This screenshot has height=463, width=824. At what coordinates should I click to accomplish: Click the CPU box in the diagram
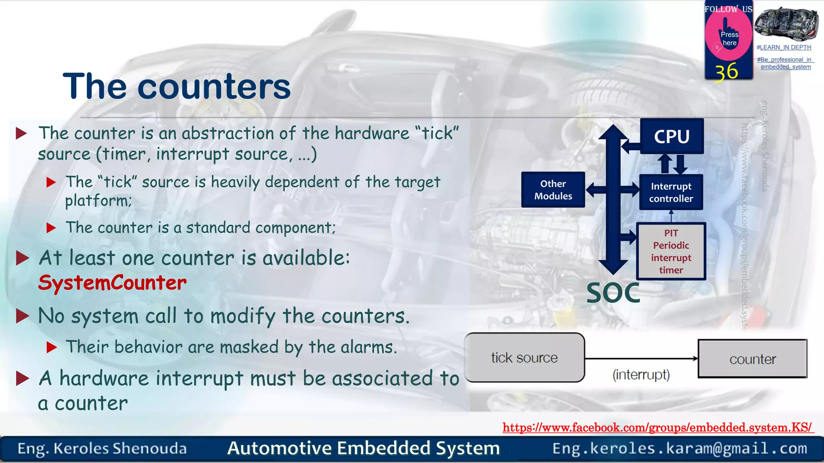point(672,136)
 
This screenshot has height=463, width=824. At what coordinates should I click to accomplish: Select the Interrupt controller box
point(671,192)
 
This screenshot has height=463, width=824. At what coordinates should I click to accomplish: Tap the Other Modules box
point(553,190)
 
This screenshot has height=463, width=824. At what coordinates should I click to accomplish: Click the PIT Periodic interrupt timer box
point(671,251)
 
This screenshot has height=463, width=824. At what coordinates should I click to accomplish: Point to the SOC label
point(613,293)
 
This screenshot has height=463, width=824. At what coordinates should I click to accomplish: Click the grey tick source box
point(524,357)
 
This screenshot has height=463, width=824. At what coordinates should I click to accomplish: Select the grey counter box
point(752,359)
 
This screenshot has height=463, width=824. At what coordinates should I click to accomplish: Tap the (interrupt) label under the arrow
point(641,375)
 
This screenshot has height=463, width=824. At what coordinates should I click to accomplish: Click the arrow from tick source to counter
point(641,359)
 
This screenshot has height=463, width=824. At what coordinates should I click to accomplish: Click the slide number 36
point(727,72)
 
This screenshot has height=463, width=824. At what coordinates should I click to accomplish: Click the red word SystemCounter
point(112,283)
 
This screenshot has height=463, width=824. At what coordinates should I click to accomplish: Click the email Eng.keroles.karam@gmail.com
point(679,448)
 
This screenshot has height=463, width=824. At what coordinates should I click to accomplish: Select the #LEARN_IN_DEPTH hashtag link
point(784,47)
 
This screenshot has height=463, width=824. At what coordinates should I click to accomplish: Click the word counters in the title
point(214,87)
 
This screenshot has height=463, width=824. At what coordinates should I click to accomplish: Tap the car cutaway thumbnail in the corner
point(786,24)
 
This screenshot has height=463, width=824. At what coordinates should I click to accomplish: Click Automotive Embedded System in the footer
point(363,448)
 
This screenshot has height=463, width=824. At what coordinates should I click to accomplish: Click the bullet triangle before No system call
point(23,316)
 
